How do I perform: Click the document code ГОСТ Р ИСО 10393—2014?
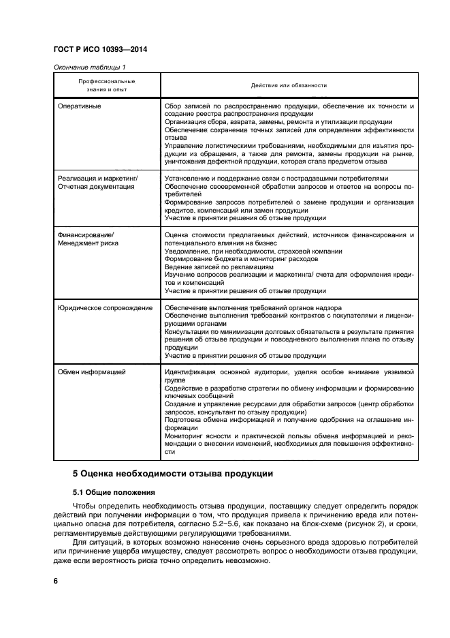(x=100, y=50)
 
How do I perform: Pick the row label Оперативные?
(x=80, y=106)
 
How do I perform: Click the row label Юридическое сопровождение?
(x=105, y=308)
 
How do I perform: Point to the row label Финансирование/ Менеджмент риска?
(x=88, y=239)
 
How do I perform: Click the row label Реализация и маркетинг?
(x=97, y=178)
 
